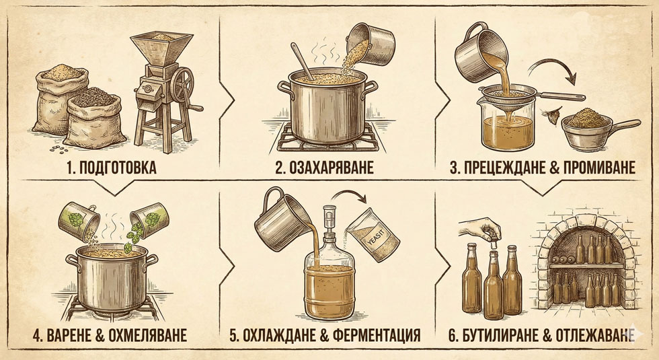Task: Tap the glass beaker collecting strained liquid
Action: pos(494,124)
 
